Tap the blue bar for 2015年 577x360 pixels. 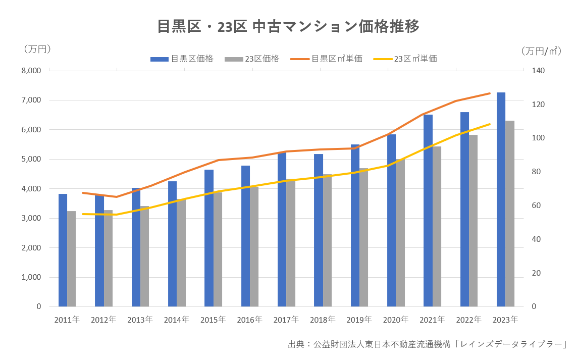click(209, 238)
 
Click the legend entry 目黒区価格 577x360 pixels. click(182, 59)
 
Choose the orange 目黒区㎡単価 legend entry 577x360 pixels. click(327, 59)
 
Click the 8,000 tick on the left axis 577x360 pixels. click(31, 71)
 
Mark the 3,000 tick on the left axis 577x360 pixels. click(31, 218)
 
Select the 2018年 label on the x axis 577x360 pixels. click(323, 320)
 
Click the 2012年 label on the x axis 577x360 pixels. click(103, 320)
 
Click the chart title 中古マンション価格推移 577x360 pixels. click(288, 26)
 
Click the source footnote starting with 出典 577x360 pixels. click(427, 344)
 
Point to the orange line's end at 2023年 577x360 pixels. click(490, 93)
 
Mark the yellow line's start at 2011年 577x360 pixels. click(82, 214)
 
